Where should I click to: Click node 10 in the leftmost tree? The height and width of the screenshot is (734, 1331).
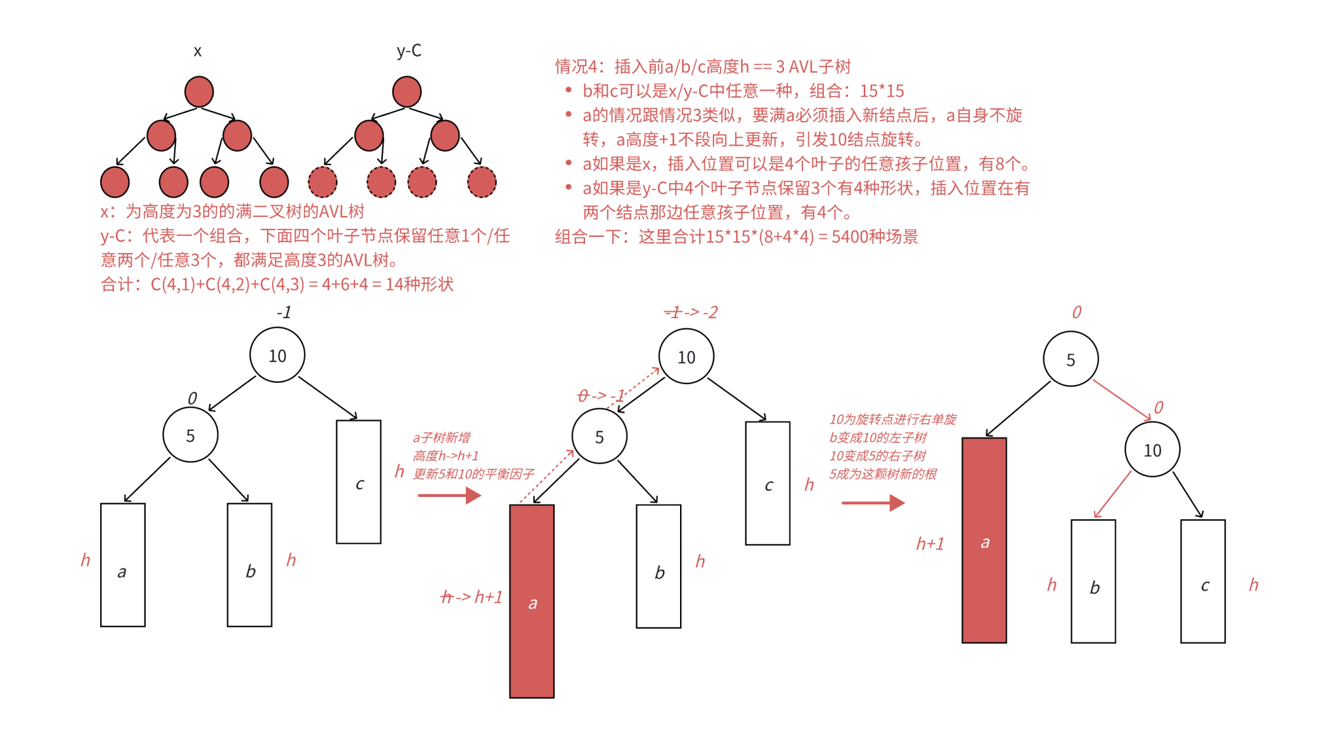click(x=277, y=355)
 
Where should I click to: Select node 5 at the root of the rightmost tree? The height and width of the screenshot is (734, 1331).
click(x=1071, y=359)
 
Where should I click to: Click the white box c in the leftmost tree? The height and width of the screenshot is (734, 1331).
click(x=359, y=482)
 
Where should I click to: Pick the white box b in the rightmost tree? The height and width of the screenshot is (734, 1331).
click(x=1093, y=581)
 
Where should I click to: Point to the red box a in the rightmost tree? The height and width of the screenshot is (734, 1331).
click(x=984, y=540)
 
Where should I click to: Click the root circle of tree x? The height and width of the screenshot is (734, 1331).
click(x=199, y=91)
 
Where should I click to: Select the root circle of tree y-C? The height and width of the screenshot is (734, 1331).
click(x=407, y=91)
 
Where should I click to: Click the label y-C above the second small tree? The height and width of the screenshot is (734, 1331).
click(x=409, y=51)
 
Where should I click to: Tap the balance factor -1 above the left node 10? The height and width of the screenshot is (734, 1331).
click(x=284, y=312)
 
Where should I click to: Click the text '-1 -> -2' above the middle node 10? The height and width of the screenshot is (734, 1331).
click(x=691, y=312)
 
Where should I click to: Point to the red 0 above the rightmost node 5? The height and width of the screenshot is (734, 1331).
click(x=1076, y=312)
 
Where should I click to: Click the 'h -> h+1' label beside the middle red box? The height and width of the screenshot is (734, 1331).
click(x=472, y=597)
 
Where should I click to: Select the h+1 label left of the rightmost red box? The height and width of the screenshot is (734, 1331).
click(x=930, y=544)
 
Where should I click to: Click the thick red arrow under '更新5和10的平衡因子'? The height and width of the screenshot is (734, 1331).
click(x=449, y=495)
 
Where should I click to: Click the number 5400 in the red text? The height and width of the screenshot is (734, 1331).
click(x=849, y=237)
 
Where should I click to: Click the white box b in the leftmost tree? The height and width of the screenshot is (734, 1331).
click(x=250, y=565)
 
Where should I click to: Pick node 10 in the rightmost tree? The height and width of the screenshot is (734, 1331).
click(x=1152, y=450)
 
